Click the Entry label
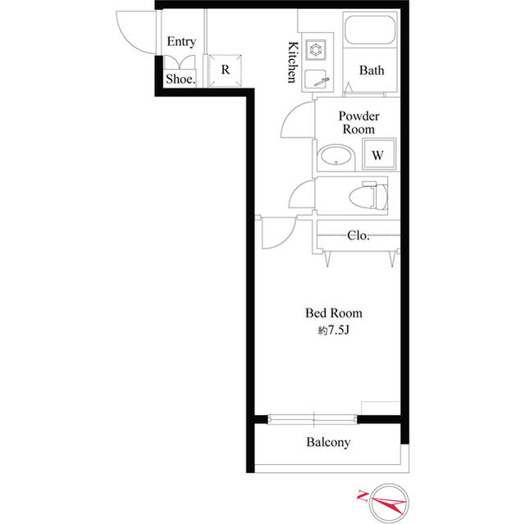coord(181,42)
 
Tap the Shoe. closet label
coord(180,79)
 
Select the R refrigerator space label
coord(226,70)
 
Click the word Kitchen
coord(293,62)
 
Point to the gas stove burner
coord(315,50)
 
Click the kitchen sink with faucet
coord(316,79)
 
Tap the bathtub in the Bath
coord(370,30)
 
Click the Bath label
coord(372,71)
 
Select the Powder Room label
coord(358,122)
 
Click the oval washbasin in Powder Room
coord(336,156)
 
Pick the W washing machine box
coord(379,154)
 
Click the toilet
coord(368,195)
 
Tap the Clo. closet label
coord(358,235)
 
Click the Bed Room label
coord(334,313)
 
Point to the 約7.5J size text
coord(334,330)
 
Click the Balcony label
coord(328,442)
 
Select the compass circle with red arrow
coord(389,503)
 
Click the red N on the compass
coord(363,495)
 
